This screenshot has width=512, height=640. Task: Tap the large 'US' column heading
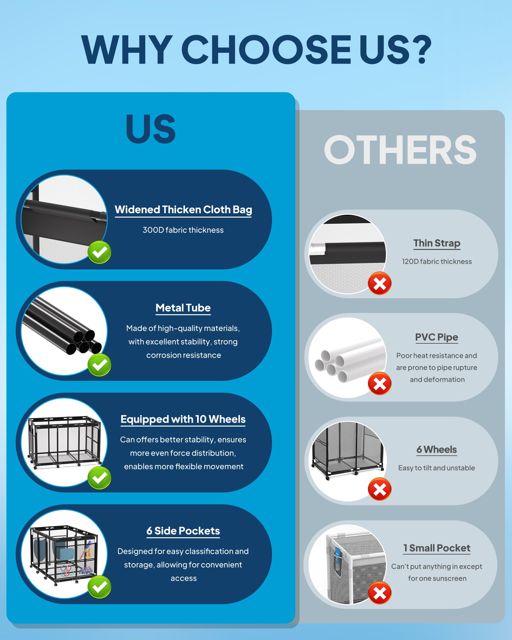151,129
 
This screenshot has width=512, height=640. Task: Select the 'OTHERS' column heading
400,149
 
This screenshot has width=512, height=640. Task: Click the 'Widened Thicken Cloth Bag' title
183,210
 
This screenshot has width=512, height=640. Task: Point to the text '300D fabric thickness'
183,230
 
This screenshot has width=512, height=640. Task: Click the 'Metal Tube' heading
183,308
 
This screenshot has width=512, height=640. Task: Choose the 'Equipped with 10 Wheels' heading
183,419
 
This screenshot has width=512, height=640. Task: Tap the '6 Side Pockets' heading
183,531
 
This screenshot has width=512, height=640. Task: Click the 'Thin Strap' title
437,243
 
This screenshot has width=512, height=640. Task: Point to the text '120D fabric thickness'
437,261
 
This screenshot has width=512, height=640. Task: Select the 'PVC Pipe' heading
437,337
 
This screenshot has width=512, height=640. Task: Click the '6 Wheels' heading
437,450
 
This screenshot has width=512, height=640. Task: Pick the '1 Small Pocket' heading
437,548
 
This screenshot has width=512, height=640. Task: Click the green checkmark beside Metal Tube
100,365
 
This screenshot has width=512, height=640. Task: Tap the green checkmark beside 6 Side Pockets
100,587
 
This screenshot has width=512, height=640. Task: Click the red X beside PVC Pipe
380,383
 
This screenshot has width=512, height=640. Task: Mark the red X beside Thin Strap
380,283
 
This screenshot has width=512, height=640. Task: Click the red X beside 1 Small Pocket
380,593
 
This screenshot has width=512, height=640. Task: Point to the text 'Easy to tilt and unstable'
437,468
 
